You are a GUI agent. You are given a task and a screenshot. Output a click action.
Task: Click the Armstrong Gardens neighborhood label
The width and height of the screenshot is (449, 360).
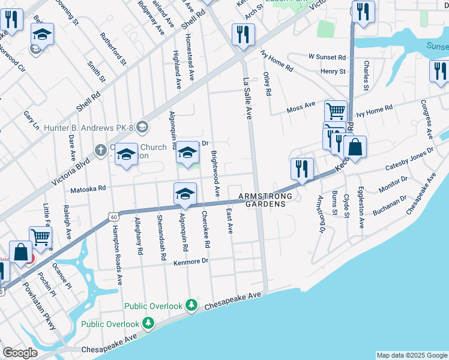pyautogui.click(x=265, y=200)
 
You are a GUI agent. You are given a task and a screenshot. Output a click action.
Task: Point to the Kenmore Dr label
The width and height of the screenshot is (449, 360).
pyautogui.click(x=191, y=261)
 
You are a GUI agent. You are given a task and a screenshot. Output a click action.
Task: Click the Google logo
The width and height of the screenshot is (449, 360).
pyautogui.click(x=20, y=353)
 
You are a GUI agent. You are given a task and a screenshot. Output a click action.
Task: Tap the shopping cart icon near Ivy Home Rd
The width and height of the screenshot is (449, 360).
pyautogui.click(x=336, y=111)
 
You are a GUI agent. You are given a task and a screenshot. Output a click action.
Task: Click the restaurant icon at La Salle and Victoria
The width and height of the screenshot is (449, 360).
pyautogui.click(x=243, y=34)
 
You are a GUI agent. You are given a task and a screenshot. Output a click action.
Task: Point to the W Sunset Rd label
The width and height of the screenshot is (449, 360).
pyautogui.click(x=327, y=57)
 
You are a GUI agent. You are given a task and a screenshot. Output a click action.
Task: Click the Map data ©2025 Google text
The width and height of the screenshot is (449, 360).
pyautogui.click(x=412, y=355)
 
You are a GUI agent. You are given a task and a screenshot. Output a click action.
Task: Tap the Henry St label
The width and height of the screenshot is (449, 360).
pyautogui.click(x=333, y=71)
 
